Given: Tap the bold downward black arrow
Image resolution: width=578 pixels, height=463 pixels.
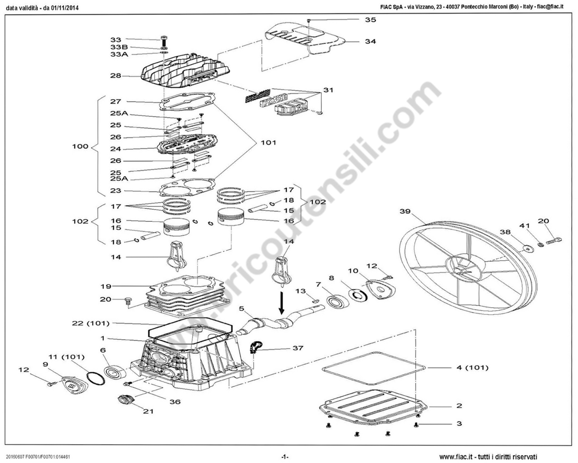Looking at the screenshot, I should click(x=281, y=303).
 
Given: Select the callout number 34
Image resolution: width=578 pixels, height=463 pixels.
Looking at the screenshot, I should click(x=370, y=42).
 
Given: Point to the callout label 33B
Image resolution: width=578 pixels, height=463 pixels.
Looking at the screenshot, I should click(x=119, y=47).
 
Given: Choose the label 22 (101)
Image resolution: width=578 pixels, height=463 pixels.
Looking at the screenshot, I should click(x=91, y=323).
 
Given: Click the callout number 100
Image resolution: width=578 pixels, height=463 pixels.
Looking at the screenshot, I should click(x=80, y=146).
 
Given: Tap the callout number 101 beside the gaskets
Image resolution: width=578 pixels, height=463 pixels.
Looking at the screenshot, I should click(x=269, y=143).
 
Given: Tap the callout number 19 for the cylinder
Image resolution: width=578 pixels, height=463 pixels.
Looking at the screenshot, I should click(x=106, y=286).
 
